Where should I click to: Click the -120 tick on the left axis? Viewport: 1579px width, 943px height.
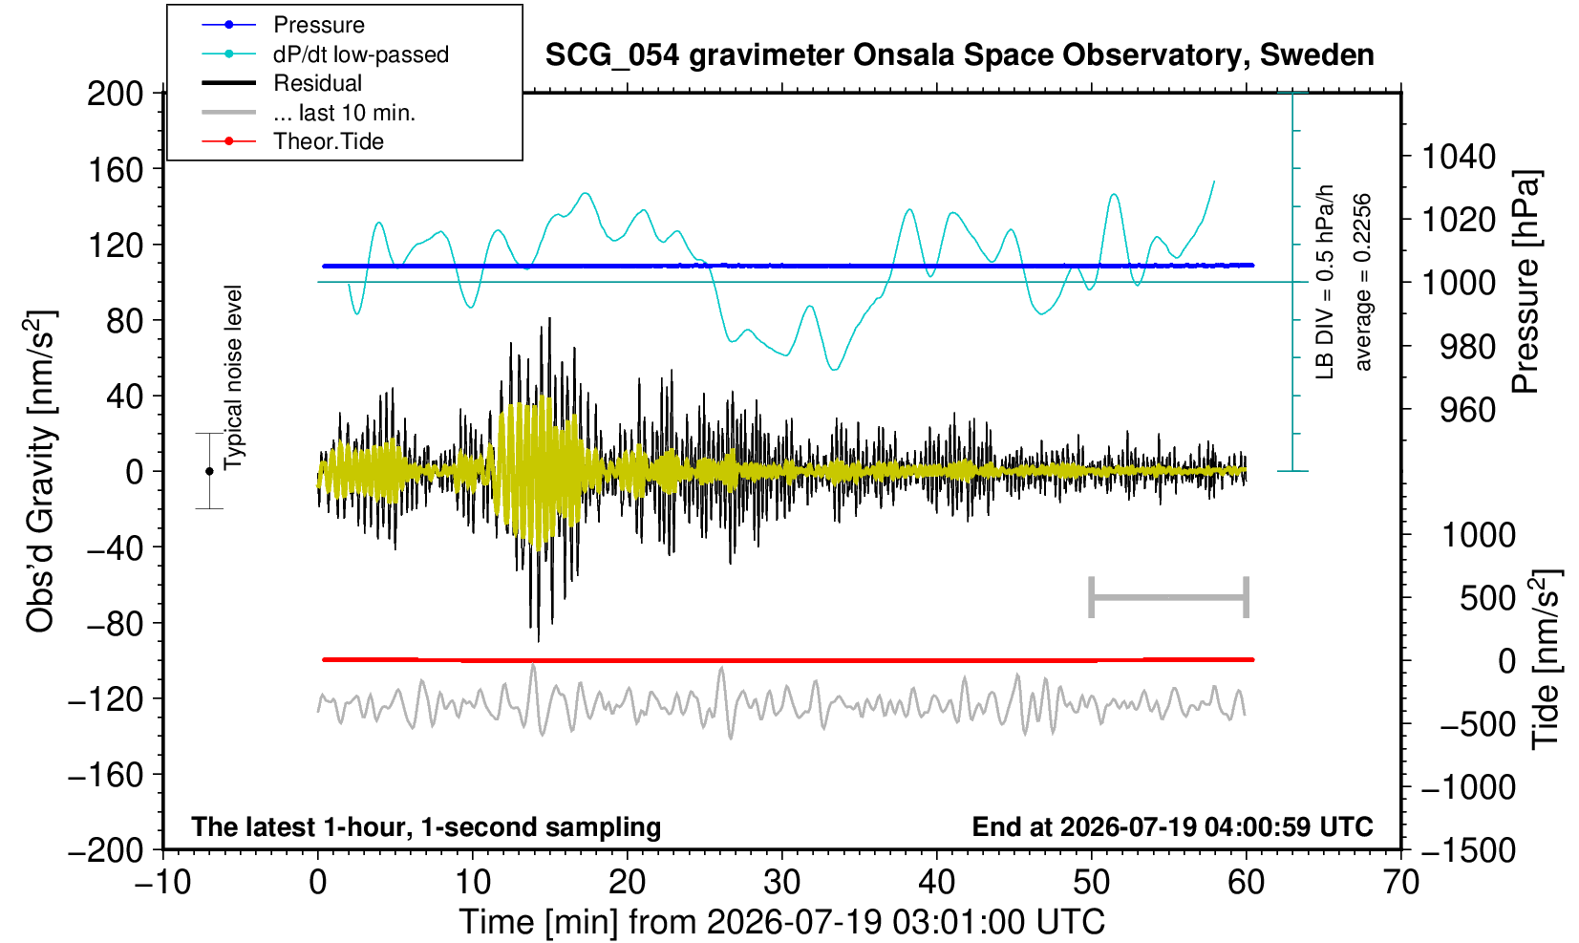(x=106, y=699)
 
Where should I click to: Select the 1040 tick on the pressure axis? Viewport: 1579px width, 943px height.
(x=1459, y=156)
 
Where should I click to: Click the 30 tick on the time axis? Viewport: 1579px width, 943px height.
(x=781, y=882)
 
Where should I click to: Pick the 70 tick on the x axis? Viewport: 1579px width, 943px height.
(x=1400, y=882)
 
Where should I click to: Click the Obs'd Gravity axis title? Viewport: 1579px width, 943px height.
(x=40, y=471)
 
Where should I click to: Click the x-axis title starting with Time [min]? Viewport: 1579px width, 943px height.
(x=781, y=922)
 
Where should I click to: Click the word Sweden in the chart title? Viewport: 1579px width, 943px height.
(x=1316, y=55)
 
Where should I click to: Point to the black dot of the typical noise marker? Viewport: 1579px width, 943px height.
(x=209, y=471)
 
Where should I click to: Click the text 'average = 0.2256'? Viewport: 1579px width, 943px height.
(x=1362, y=282)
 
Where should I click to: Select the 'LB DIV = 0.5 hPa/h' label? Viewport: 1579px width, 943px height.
(x=1325, y=282)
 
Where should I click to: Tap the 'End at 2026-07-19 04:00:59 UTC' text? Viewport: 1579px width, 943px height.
(x=1172, y=826)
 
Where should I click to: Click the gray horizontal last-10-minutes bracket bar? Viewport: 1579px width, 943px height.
(x=1169, y=597)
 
